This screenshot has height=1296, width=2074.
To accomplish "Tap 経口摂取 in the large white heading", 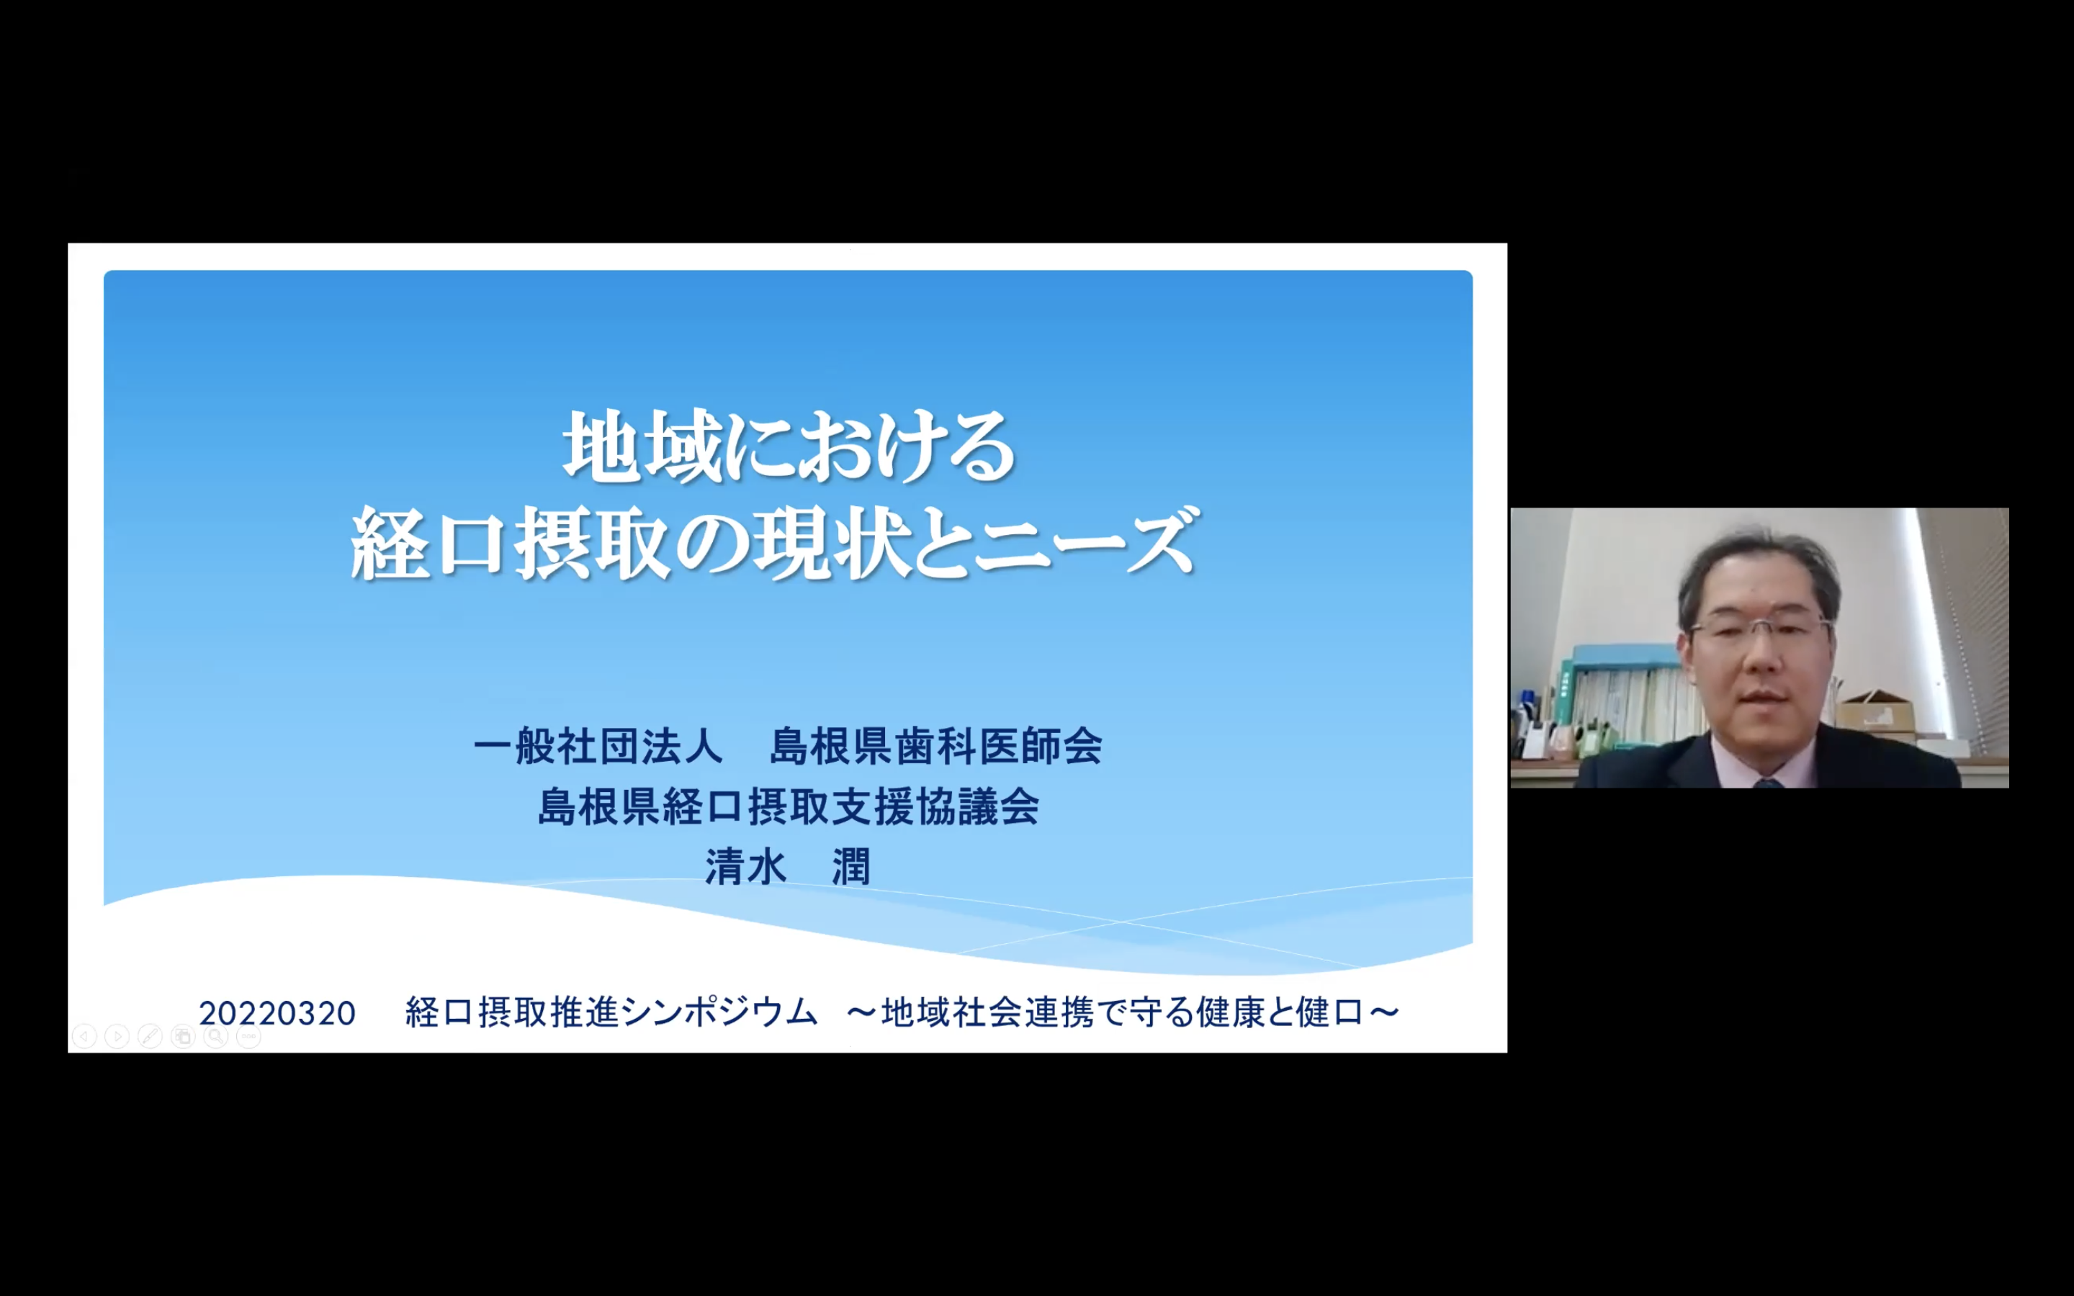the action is tap(509, 544).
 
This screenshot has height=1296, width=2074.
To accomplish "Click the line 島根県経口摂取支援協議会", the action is tap(789, 806).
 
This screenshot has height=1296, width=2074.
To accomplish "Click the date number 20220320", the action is tap(277, 1014).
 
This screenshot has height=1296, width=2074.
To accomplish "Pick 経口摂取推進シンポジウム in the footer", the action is tap(612, 1012).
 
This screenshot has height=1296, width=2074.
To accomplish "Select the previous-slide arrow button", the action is tap(84, 1037).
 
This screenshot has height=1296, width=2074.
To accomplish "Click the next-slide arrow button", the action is tap(117, 1037).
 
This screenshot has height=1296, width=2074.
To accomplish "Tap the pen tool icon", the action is tap(150, 1037).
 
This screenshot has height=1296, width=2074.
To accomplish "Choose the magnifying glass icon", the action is tap(216, 1037).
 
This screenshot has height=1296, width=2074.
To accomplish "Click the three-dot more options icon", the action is tap(248, 1037).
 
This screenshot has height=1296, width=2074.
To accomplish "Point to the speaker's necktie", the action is tap(1767, 782).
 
